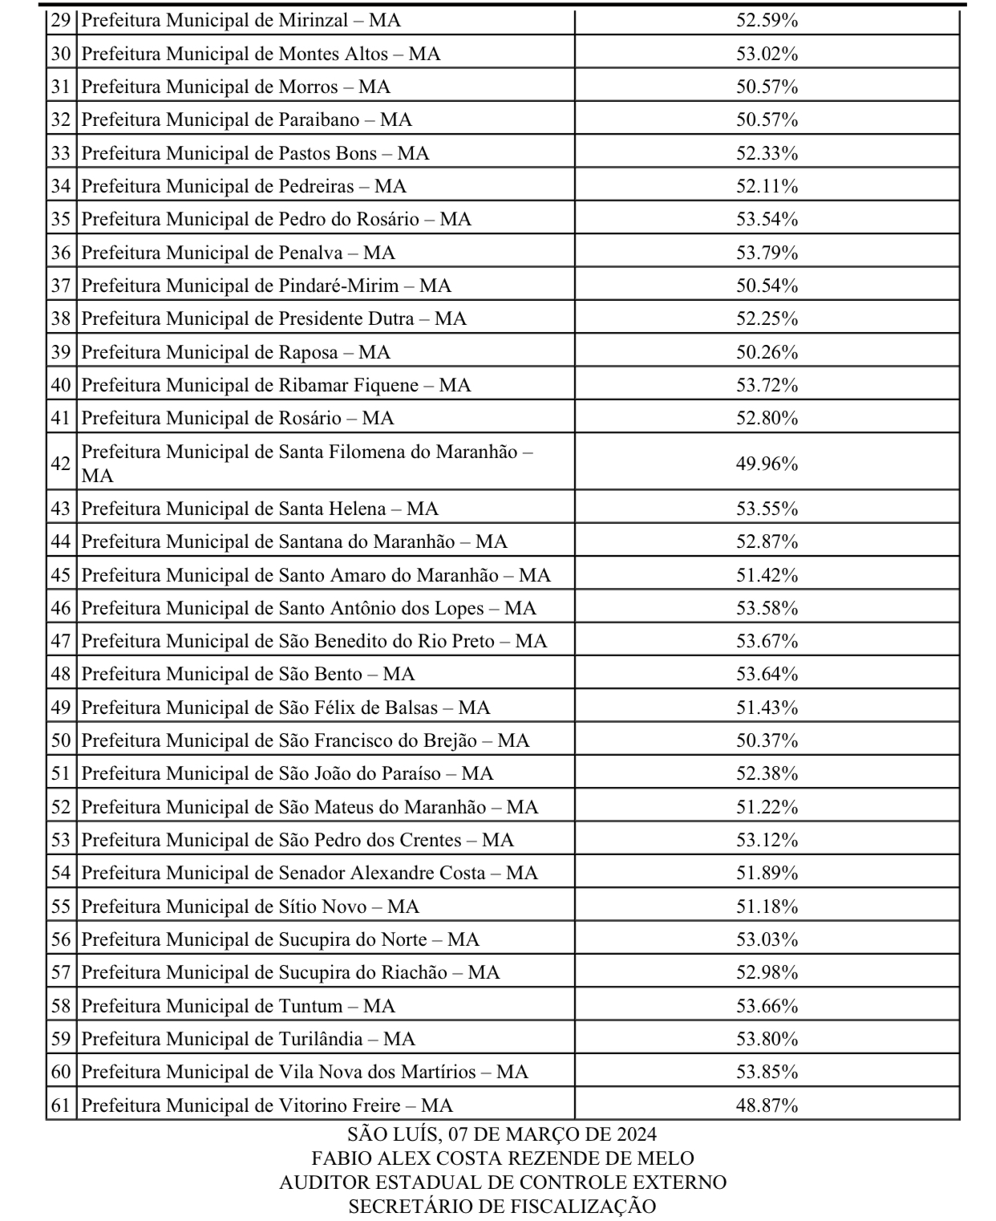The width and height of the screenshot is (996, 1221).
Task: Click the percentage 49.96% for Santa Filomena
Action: [x=767, y=464]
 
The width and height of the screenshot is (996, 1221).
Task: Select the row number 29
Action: [x=61, y=21]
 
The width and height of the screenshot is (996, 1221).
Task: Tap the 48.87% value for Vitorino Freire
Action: [x=767, y=1105]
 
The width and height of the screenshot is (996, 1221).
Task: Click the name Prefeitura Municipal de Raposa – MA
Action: [x=236, y=352]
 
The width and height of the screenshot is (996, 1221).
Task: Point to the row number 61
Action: [x=61, y=1105]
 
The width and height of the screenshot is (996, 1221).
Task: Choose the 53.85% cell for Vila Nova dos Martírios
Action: [x=767, y=1072]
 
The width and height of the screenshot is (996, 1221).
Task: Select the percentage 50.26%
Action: [x=767, y=352]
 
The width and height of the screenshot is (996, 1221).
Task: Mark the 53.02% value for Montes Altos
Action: [x=767, y=54]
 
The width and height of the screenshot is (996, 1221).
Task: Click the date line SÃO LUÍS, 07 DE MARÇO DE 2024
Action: [x=502, y=1134]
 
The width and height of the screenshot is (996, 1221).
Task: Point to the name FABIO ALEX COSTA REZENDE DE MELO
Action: [x=502, y=1158]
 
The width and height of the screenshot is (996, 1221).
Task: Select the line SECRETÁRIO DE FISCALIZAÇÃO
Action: [x=502, y=1206]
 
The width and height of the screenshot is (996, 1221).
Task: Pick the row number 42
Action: [x=61, y=464]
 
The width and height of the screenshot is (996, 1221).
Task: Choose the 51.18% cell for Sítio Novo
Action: [x=767, y=907]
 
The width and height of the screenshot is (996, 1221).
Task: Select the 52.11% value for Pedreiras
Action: [x=767, y=186]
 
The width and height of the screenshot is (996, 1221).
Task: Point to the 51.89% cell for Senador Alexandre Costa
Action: [x=767, y=873]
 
